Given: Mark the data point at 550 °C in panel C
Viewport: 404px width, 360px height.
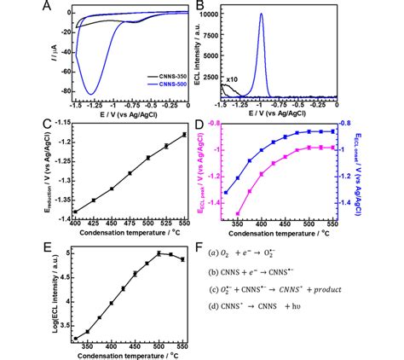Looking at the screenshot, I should (x=185, y=134).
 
